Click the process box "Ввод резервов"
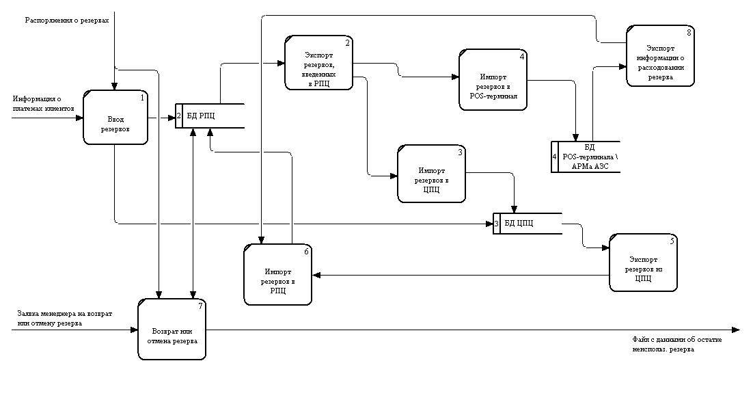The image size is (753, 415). (x=115, y=118)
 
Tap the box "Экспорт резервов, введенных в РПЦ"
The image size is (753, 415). (x=319, y=64)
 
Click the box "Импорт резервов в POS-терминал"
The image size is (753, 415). (x=493, y=79)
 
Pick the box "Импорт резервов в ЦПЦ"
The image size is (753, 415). (x=431, y=174)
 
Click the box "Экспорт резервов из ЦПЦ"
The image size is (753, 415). (x=643, y=263)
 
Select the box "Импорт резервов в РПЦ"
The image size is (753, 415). (x=277, y=275)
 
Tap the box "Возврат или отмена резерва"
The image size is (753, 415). (x=172, y=330)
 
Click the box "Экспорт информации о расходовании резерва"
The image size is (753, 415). (x=660, y=57)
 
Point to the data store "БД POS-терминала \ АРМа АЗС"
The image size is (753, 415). (x=589, y=157)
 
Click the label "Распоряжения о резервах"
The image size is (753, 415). (x=66, y=20)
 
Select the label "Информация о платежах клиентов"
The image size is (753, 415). (x=41, y=103)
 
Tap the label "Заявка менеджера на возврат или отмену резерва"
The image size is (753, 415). (x=65, y=318)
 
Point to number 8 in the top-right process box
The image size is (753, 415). (x=689, y=33)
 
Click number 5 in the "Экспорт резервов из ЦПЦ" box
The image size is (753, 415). (x=672, y=241)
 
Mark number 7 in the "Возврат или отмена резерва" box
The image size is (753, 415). (x=200, y=305)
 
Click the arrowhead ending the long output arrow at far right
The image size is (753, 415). (x=736, y=330)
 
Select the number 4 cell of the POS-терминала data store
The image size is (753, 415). (x=555, y=157)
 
